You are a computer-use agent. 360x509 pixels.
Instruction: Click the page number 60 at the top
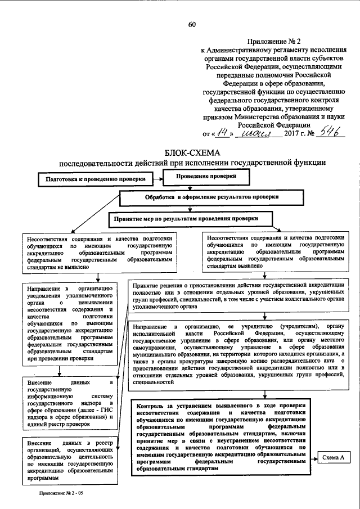tap(192, 24)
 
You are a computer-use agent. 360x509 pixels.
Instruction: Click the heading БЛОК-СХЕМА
tap(192, 153)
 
